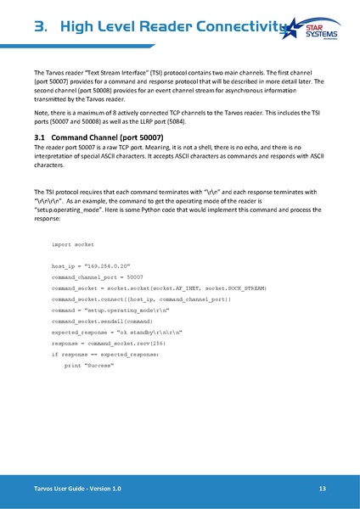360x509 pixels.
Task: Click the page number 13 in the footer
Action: coord(323,489)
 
